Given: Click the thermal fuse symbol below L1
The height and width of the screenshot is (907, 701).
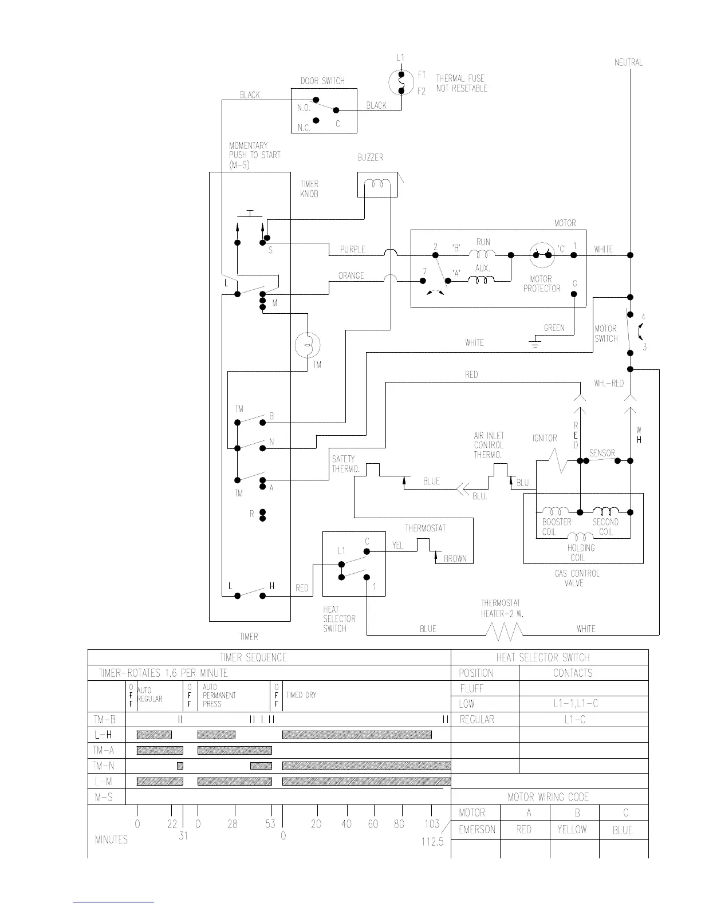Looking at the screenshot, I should point(401,84).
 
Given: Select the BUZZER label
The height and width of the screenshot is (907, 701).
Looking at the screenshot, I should point(370,157).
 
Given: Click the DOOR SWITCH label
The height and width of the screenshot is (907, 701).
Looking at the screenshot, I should point(322,81).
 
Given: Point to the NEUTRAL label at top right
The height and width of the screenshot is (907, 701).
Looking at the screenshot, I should point(628,62).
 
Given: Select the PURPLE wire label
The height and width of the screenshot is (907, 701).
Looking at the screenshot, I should point(353,250).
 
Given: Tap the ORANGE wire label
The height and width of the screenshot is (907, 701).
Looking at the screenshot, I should point(351,276).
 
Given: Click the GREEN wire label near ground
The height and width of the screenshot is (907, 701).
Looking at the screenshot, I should point(554,328).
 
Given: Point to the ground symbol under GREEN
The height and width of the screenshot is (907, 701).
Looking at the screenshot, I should point(535,344).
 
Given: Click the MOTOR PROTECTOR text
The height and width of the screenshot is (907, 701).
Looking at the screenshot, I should point(542,284).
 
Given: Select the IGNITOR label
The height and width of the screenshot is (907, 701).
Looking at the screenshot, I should point(545,438).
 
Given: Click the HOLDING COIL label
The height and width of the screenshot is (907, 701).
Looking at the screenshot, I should point(581,553).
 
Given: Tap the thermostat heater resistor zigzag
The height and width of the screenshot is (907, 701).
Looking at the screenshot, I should point(505,630).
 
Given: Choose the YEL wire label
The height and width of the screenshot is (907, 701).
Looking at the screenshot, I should point(397,546).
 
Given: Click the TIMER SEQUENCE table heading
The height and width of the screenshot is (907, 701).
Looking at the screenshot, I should point(253,657).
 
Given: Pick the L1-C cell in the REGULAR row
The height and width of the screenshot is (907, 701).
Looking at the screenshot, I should point(573,719).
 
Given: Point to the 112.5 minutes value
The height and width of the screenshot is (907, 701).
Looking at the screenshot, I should point(432,842).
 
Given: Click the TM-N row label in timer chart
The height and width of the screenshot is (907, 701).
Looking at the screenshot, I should point(105,766).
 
